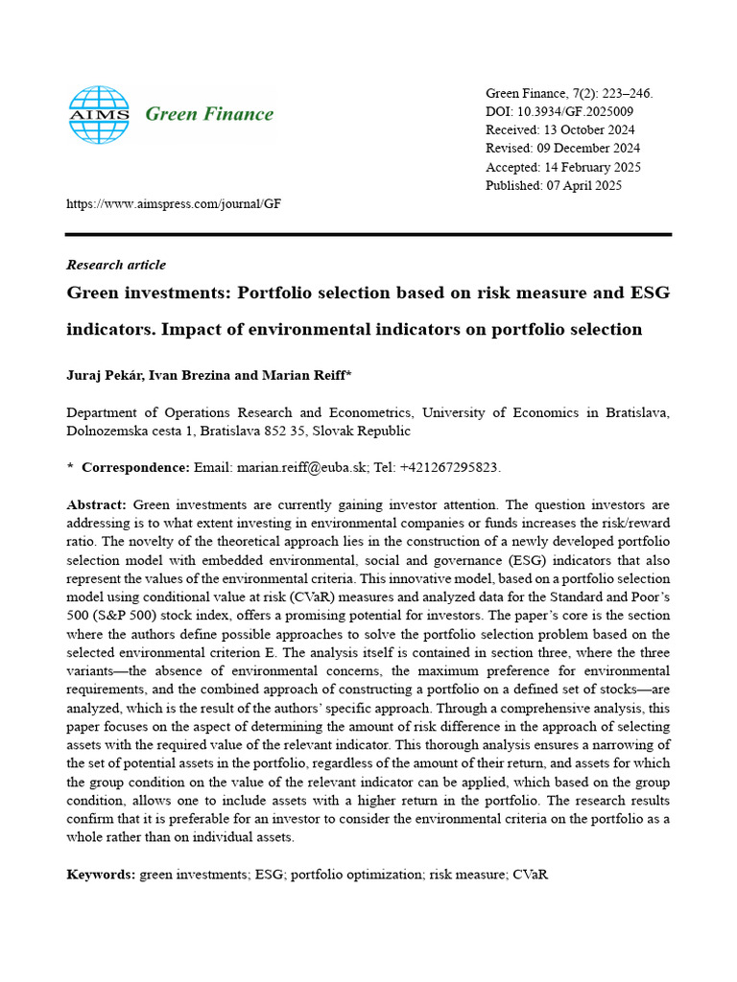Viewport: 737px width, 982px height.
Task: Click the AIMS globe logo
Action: [98, 114]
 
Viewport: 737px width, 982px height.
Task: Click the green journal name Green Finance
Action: [208, 114]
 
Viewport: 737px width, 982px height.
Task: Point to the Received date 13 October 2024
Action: [587, 130]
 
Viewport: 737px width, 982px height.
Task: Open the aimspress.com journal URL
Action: [173, 204]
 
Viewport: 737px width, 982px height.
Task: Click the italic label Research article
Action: [115, 265]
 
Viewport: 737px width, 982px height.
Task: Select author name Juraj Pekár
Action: [103, 374]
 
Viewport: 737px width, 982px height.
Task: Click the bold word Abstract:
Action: [96, 504]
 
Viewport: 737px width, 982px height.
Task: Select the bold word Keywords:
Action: [101, 875]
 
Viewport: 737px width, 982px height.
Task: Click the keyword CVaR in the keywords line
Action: [530, 875]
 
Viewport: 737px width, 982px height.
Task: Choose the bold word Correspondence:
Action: [135, 467]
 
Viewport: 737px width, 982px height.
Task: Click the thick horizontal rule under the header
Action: [368, 234]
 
